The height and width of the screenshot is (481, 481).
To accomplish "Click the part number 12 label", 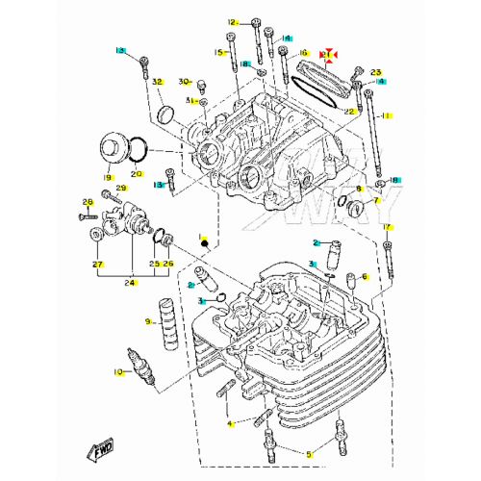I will point(232,21).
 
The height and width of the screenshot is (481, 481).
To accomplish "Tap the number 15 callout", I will point(218,53).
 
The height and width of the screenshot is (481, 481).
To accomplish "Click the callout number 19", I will point(108,178).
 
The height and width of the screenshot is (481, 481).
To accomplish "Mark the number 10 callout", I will point(117,371).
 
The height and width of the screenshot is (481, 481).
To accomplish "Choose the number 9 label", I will point(148,321).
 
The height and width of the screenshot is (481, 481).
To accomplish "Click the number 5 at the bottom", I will point(309,454).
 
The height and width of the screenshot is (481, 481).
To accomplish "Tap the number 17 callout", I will point(388,227).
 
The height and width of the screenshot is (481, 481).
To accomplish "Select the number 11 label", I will point(387,115).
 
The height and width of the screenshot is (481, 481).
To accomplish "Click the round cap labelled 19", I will point(118,152).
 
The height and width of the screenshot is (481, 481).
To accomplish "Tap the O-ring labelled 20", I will point(139,149).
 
